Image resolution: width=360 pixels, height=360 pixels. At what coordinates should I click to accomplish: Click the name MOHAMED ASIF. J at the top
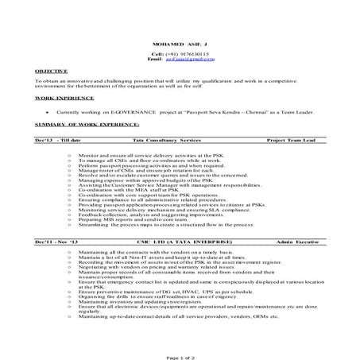[180, 43]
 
